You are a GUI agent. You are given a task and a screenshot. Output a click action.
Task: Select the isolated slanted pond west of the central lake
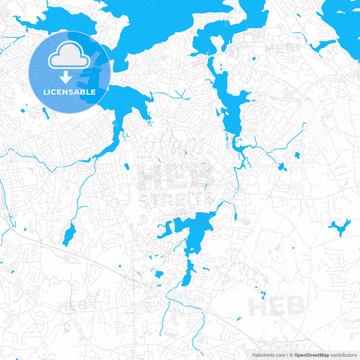(69, 235)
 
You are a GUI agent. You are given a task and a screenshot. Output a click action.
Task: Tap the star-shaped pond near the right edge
(338, 226)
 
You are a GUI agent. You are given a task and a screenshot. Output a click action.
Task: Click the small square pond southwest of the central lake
(159, 274)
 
